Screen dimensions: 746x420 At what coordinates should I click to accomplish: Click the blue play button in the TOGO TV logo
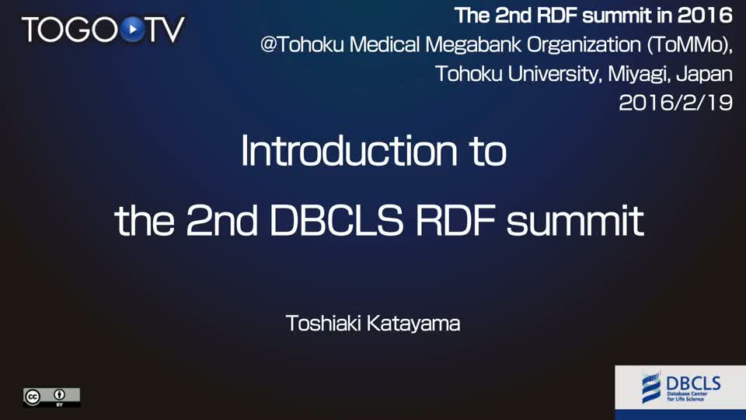click(x=132, y=30)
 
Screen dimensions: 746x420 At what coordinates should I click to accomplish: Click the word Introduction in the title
click(x=349, y=151)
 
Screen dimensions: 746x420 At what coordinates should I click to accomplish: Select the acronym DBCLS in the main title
click(x=336, y=220)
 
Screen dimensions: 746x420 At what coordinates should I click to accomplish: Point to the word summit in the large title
click(x=575, y=220)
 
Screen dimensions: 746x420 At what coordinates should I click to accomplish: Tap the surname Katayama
click(x=413, y=324)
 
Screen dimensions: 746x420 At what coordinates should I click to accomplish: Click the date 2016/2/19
click(x=675, y=103)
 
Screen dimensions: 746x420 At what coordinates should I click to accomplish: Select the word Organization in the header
click(x=584, y=45)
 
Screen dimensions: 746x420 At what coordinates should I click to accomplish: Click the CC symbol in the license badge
click(x=33, y=397)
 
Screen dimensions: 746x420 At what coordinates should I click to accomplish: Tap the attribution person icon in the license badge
click(x=60, y=395)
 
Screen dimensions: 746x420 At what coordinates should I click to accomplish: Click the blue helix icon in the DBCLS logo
click(x=651, y=387)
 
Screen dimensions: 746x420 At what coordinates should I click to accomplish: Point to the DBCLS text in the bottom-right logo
click(x=693, y=383)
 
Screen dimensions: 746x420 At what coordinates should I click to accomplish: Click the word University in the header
click(x=555, y=75)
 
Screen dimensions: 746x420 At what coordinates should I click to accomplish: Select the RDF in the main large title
click(x=455, y=220)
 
